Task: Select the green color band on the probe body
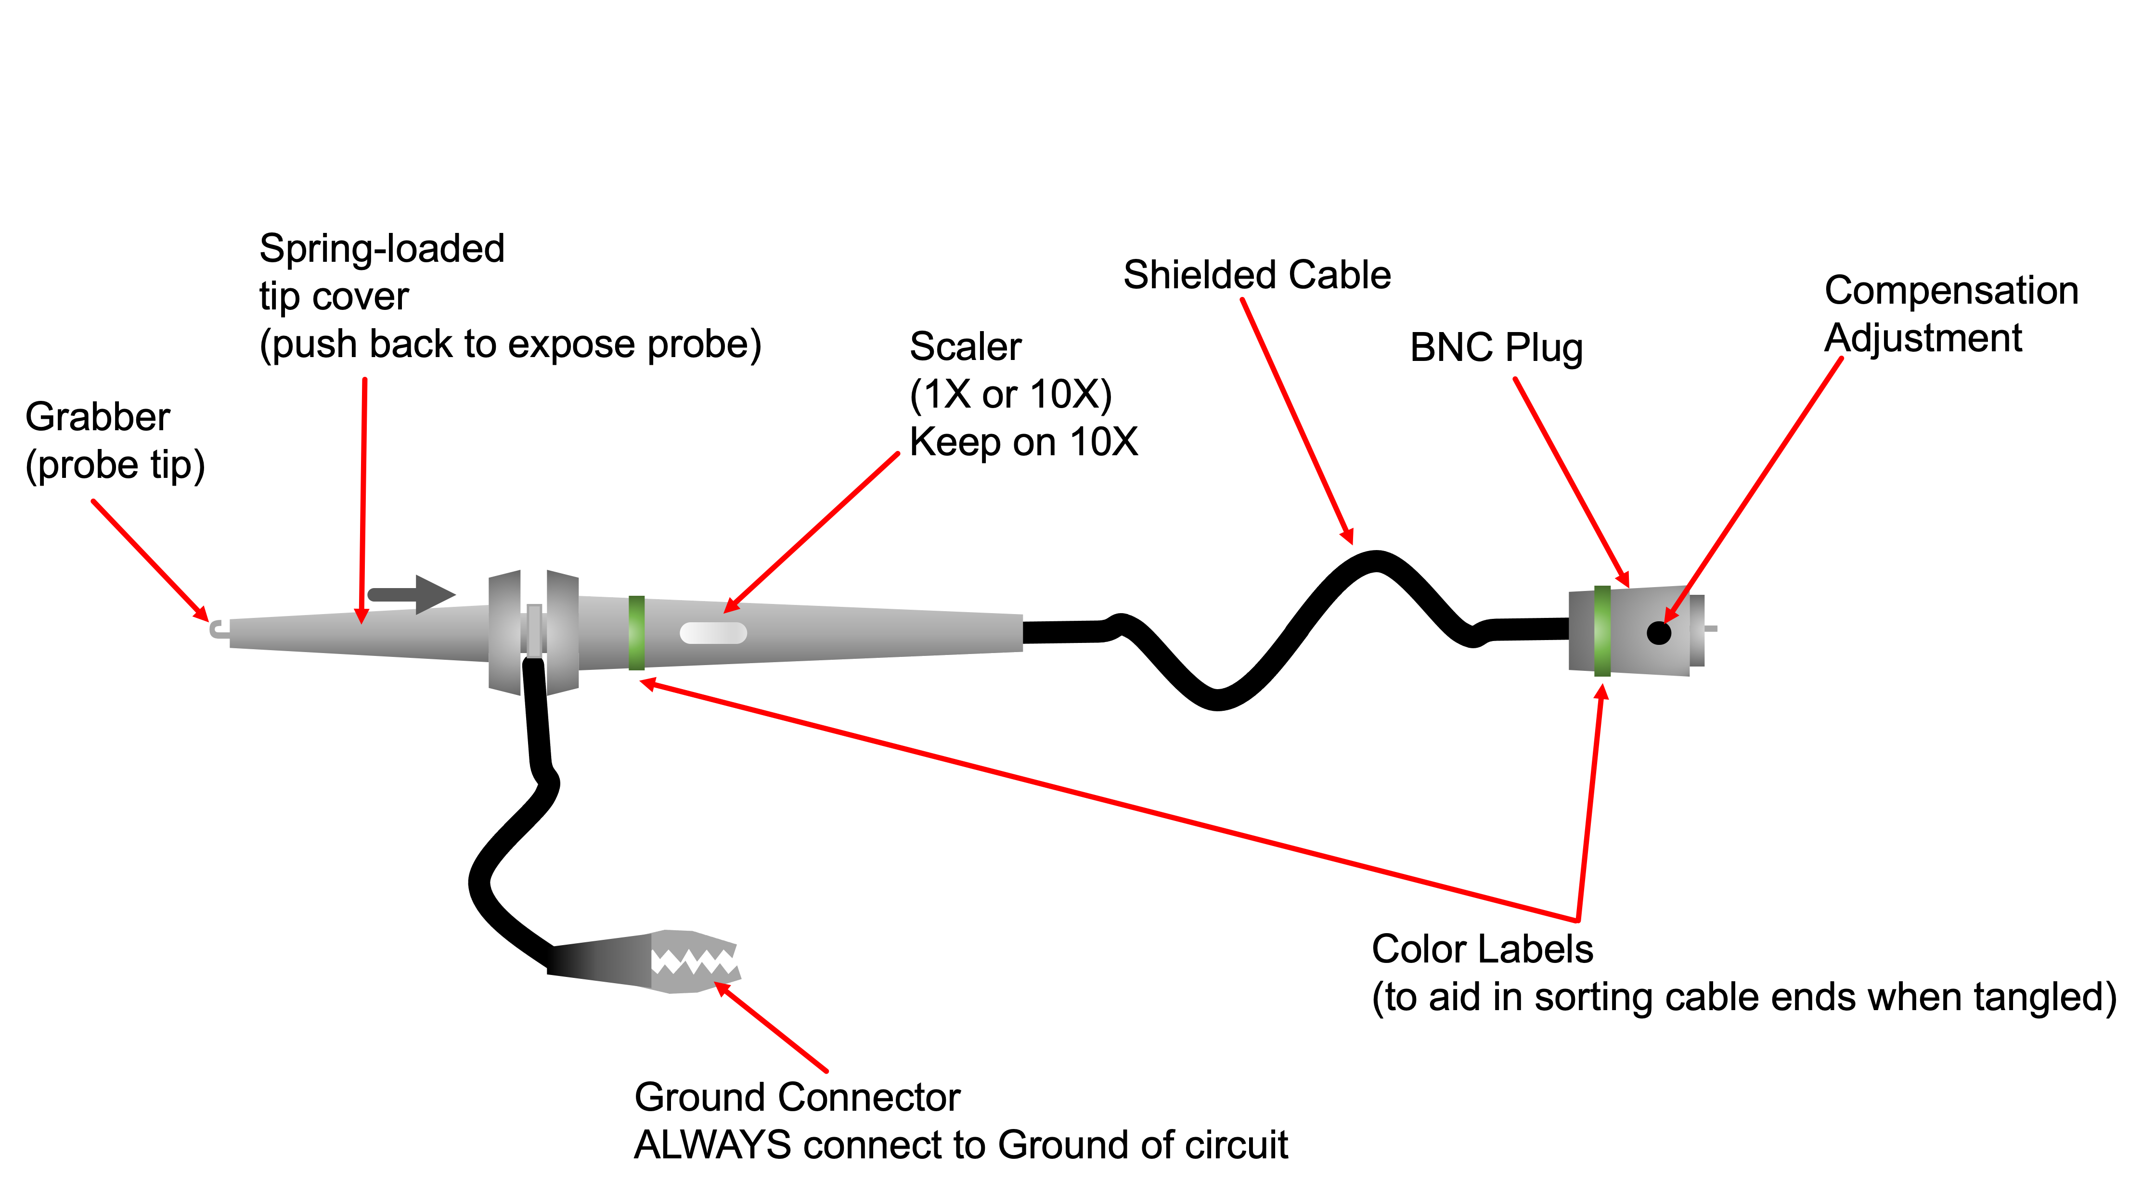[x=637, y=633]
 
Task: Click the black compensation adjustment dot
[x=1658, y=633]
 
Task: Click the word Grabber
[x=97, y=417]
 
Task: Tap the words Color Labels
[x=1482, y=949]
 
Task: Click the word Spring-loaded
[x=382, y=249]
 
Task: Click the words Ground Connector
[x=797, y=1097]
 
